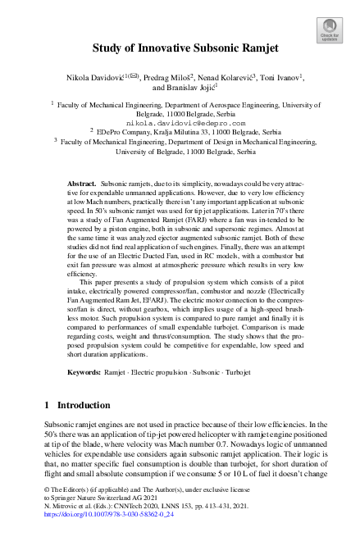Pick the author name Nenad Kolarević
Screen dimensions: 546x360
226,77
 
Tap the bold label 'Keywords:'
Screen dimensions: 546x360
84,371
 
